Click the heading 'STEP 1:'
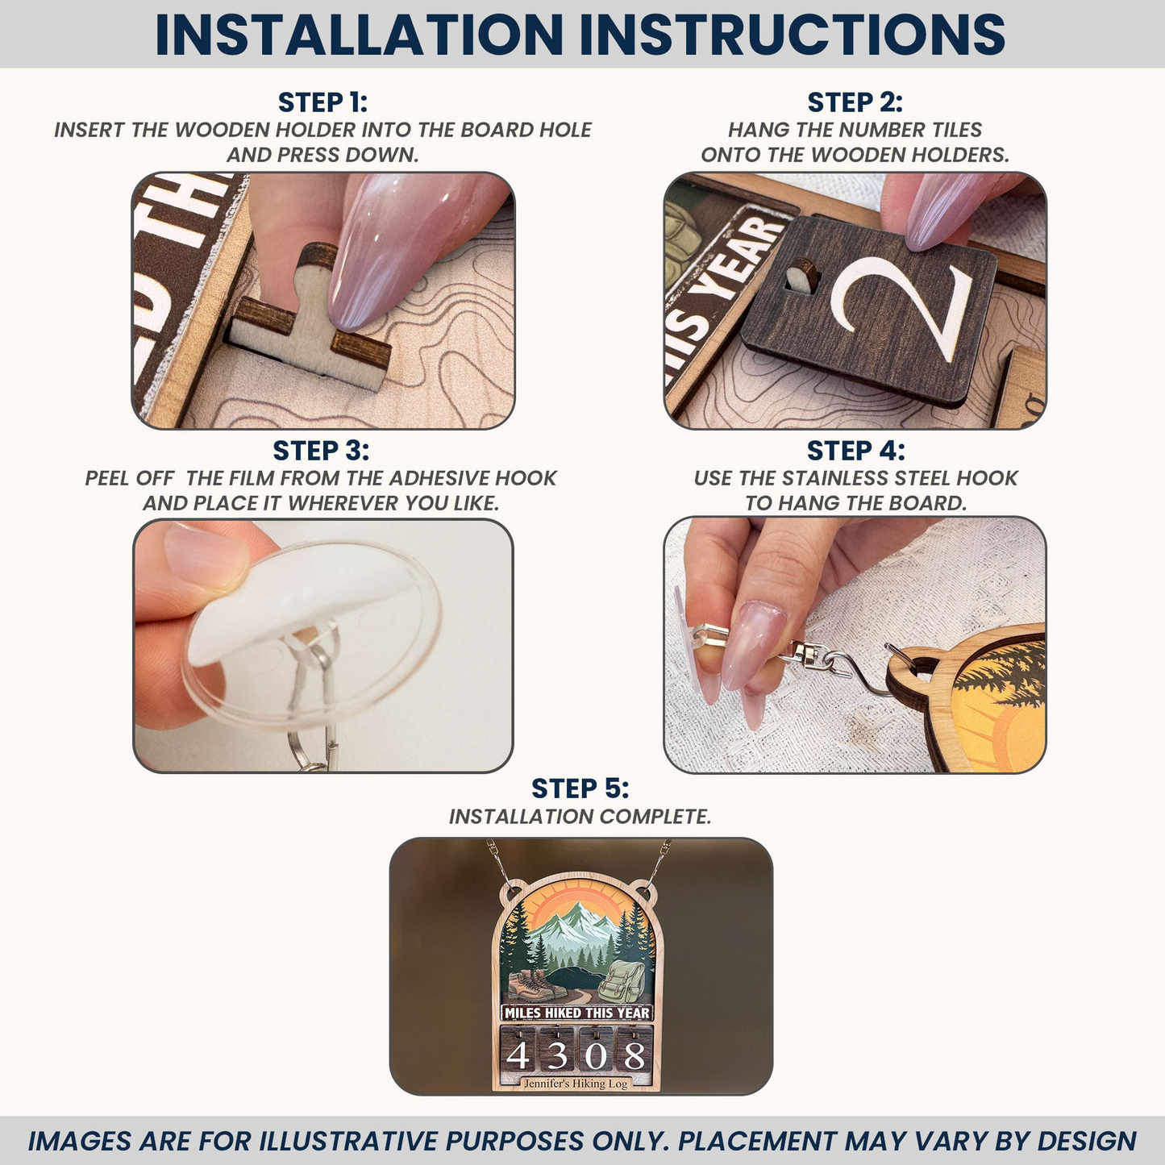coord(322,102)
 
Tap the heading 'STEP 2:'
coord(855,102)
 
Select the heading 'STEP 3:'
coord(321,451)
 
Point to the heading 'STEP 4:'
coord(855,451)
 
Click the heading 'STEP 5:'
coord(580,788)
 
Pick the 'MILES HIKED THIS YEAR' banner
coord(576,1013)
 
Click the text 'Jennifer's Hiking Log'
coord(576,1084)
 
